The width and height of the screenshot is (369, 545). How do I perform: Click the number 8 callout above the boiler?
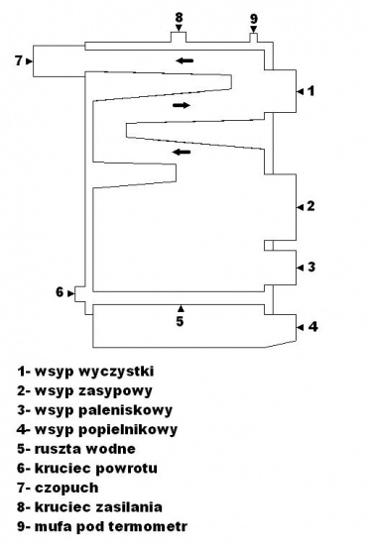pos(179,17)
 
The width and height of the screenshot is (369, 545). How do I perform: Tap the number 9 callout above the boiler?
pos(254,19)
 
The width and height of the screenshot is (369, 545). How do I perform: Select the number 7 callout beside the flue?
pos(19,61)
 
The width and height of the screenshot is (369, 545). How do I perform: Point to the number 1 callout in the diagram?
pos(311,91)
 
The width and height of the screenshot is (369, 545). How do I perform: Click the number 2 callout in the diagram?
pos(310,206)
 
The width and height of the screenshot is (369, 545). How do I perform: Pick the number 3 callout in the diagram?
pos(311,267)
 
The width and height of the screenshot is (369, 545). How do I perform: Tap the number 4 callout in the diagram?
pos(313,327)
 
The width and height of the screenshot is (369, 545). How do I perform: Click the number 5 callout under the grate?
pos(180,321)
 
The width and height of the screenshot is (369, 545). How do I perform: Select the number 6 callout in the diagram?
pos(60,292)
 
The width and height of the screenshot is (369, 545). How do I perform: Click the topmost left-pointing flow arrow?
pos(184,60)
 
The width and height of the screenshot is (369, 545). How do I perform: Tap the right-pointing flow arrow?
pos(182,105)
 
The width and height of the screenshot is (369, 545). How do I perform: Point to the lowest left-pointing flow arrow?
pos(182,152)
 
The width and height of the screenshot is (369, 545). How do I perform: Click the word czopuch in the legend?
pos(66,488)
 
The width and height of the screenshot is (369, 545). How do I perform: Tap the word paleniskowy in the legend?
pos(125,410)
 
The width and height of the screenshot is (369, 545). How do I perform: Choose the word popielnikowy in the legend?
pos(128,430)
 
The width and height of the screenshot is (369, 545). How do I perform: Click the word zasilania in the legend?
pos(128,506)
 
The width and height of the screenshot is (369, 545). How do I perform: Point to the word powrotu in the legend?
pos(126,469)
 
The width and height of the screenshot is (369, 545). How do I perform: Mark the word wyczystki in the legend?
pos(116,372)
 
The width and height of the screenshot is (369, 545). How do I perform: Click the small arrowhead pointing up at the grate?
pos(181,308)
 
